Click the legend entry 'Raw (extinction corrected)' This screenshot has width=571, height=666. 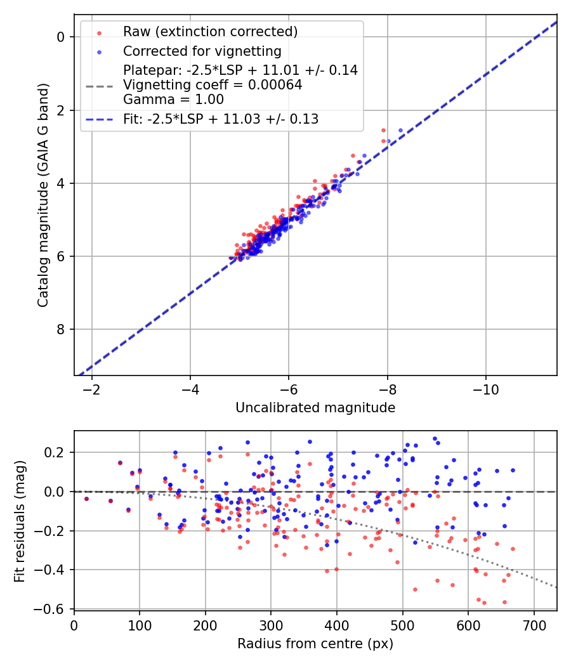tap(210, 32)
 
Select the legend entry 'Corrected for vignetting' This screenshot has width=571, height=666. tap(202, 51)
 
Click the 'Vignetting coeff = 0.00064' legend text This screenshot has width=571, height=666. tap(213, 85)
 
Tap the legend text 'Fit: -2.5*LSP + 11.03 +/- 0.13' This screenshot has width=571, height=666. tap(221, 119)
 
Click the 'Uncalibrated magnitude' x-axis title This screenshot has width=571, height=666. tap(315, 408)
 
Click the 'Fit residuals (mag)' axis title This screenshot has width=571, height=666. tap(20, 520)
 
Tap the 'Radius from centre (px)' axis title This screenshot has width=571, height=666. tap(315, 644)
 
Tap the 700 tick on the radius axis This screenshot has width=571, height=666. tap(534, 625)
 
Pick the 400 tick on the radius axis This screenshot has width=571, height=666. tap(337, 625)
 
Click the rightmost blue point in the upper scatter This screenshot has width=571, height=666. tap(400, 130)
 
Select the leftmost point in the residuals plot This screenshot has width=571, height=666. tap(86, 499)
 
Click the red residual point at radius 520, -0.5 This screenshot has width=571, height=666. tap(415, 589)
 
